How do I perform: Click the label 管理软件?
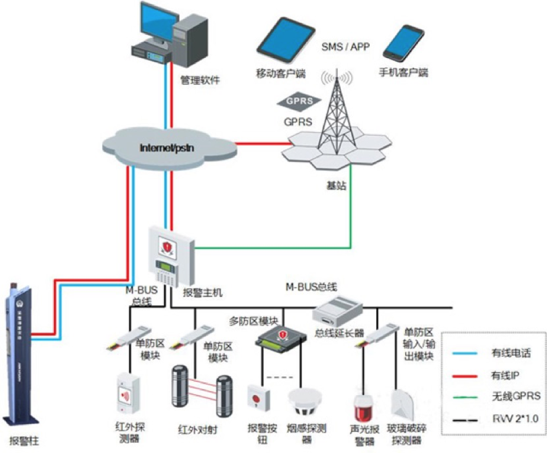pos(200,80)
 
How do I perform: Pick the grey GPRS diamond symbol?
pos(299,101)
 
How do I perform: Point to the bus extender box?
pos(337,311)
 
